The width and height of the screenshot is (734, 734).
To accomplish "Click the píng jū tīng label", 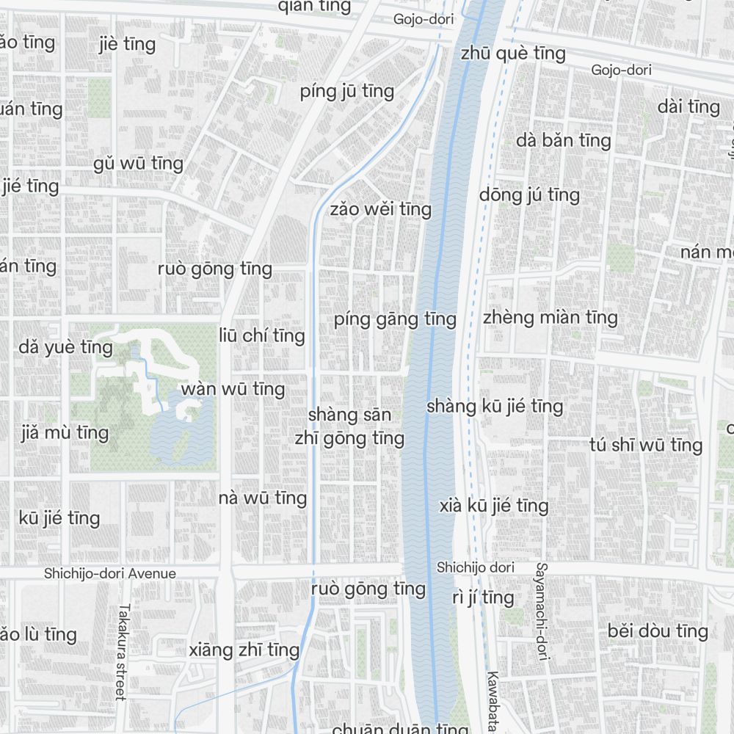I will tap(347, 92).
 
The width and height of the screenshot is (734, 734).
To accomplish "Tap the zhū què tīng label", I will tap(513, 54).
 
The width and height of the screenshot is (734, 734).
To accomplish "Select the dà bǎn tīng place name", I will tap(564, 139).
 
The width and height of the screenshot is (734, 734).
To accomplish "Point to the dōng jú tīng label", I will tap(529, 195).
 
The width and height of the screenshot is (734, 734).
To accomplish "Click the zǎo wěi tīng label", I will tap(380, 209).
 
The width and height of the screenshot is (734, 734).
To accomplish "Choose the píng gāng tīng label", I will tap(395, 319).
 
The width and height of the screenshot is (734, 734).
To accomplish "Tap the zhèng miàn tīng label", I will tap(550, 317).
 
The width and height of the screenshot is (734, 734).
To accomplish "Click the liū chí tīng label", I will tap(261, 336).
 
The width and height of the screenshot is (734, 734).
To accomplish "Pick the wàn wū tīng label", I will tap(233, 388).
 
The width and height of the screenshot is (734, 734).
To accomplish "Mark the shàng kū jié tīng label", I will tap(495, 406).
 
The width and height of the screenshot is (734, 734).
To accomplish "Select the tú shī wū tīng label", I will tap(646, 445).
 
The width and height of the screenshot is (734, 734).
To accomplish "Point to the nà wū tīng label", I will tap(263, 498).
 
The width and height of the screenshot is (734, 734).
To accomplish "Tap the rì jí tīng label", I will tap(482, 597).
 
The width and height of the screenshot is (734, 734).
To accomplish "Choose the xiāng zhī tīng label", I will tap(244, 650).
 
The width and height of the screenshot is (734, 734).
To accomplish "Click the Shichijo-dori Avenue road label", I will tap(110, 573).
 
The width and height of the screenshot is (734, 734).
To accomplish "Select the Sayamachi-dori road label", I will tap(542, 611).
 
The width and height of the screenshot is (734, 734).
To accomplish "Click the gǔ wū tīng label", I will tap(138, 163).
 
